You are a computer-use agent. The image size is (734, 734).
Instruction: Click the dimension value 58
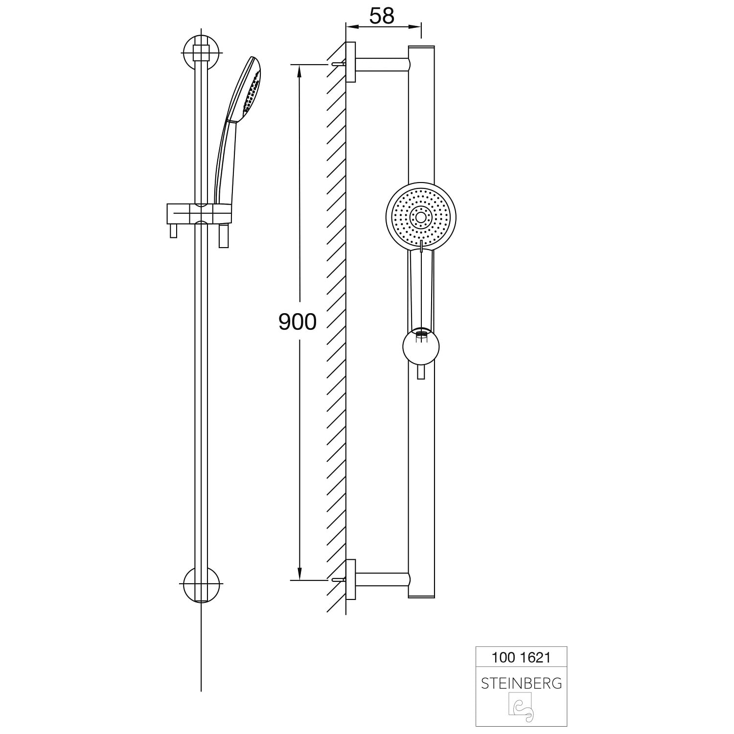tap(382, 16)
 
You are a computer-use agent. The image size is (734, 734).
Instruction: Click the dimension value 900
tap(298, 321)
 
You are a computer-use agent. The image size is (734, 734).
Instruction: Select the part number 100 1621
tap(521, 657)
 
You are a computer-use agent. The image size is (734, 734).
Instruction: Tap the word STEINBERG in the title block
tap(521, 683)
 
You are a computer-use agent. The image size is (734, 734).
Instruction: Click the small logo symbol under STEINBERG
tap(521, 708)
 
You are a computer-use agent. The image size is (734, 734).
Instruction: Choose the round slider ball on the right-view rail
tap(420, 346)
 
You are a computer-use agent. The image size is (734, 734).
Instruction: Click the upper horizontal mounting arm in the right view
tap(382, 65)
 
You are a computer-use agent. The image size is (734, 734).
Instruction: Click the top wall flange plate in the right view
tap(351, 62)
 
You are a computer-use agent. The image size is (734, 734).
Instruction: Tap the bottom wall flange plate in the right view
tap(351, 579)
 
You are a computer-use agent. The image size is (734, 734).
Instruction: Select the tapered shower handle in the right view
tap(420, 289)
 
